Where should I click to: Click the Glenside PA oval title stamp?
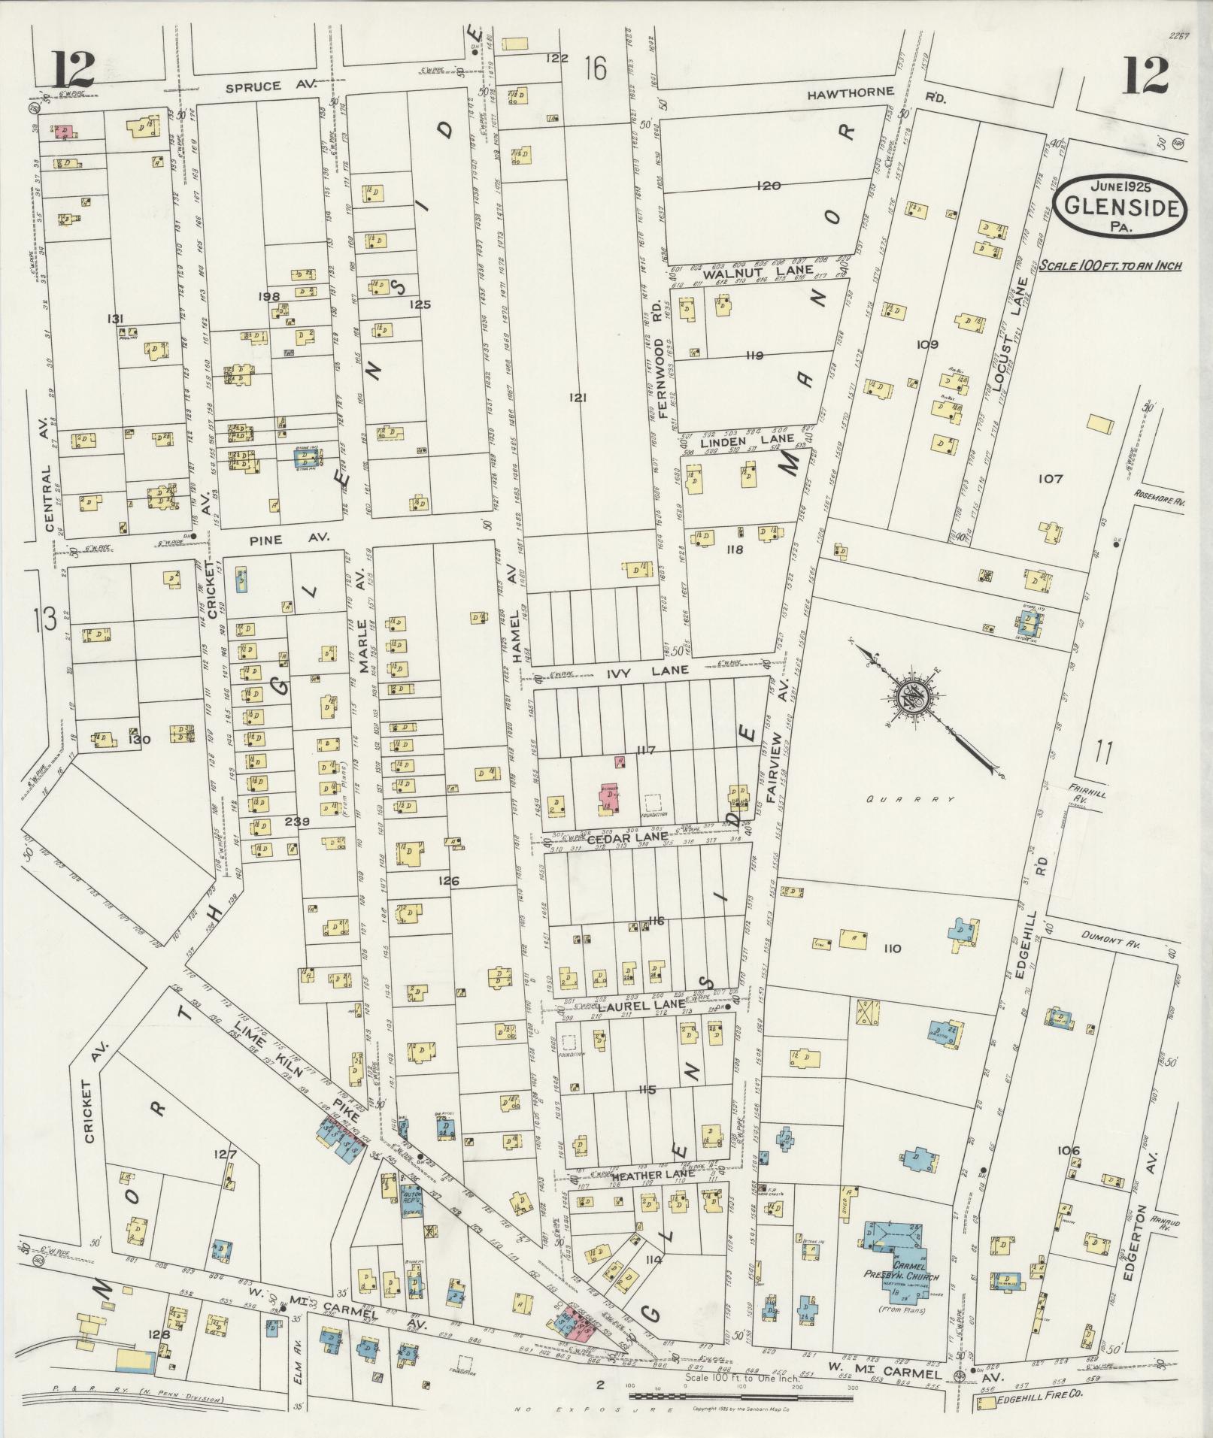coord(1120,207)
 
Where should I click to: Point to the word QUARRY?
coord(910,799)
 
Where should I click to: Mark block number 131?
coord(115,319)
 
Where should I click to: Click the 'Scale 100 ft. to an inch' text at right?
coord(1110,266)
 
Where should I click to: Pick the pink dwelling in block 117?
coord(609,797)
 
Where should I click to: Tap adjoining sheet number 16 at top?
coord(594,69)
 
